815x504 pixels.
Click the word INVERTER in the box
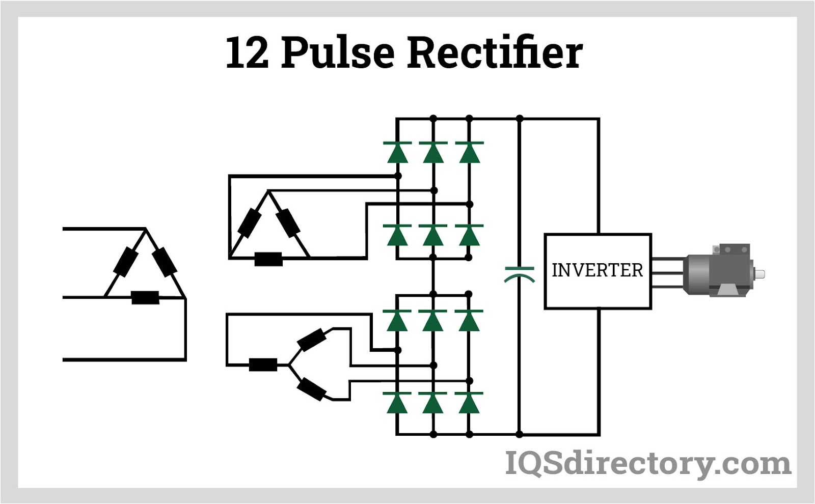coord(597,270)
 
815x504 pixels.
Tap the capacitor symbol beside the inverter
coord(519,274)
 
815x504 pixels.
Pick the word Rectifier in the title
coord(495,52)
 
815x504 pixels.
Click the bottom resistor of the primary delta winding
coord(145,297)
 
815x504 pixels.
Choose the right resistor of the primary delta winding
coord(165,262)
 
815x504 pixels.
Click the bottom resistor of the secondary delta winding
coord(268,259)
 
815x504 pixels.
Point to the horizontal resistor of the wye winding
coord(263,365)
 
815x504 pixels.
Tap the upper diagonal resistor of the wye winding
coord(311,340)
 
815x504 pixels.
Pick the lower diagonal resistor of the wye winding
coord(311,389)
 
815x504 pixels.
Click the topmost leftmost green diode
coord(397,152)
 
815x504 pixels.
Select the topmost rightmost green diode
coord(469,152)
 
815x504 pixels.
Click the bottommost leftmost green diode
coord(397,403)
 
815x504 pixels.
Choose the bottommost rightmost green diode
coord(469,403)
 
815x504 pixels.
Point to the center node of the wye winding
coord(288,365)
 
